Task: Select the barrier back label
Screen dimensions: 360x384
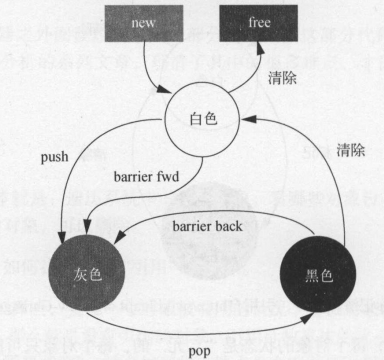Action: click(x=205, y=225)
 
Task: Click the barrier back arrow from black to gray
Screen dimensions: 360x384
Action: click(x=200, y=243)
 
